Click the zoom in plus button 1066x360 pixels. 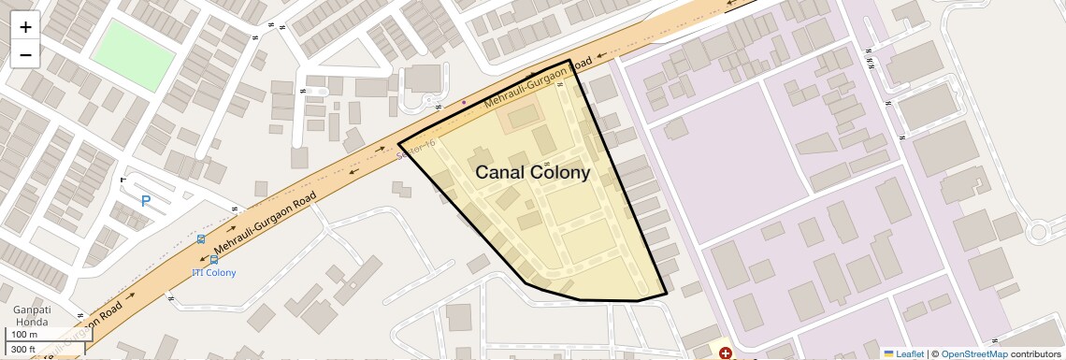[25, 27]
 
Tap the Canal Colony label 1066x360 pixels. [532, 173]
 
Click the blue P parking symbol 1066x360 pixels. [146, 201]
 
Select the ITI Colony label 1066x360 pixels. [213, 272]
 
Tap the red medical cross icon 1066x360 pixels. [726, 353]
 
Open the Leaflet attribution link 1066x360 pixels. [909, 353]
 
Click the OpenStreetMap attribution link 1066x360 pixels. [973, 353]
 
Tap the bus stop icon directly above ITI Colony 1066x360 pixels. [201, 239]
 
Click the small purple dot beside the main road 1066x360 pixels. [464, 102]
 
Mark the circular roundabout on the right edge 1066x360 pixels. [1038, 233]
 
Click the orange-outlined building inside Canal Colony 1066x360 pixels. [522, 119]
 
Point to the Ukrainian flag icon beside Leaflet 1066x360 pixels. [888, 353]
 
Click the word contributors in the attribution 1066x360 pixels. [1035, 353]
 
